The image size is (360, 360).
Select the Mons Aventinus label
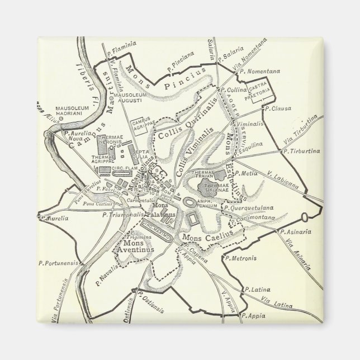click(138, 248)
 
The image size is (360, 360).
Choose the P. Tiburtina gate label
click(301, 151)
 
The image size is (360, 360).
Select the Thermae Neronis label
click(110, 140)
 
